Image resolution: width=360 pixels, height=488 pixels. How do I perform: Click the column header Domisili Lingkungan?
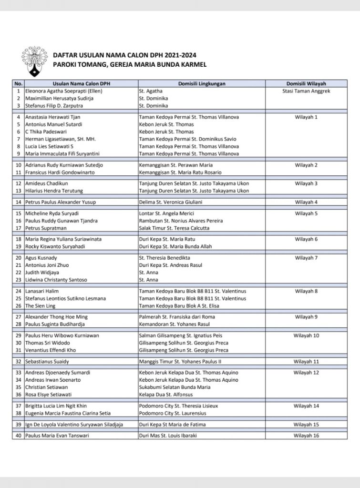click(202, 83)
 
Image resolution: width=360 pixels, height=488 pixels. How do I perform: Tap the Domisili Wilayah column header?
click(306, 83)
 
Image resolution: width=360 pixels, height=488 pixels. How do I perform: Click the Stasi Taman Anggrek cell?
click(306, 91)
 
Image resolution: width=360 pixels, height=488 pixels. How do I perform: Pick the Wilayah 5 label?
click(306, 213)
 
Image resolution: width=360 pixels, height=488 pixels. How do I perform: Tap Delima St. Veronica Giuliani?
click(171, 202)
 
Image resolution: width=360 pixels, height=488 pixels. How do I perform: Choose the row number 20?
click(19, 258)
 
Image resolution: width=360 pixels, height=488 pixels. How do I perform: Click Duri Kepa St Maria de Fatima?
click(174, 425)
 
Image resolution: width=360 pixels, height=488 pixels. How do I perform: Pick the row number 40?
click(19, 436)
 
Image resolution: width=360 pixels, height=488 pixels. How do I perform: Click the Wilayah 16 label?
click(306, 436)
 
